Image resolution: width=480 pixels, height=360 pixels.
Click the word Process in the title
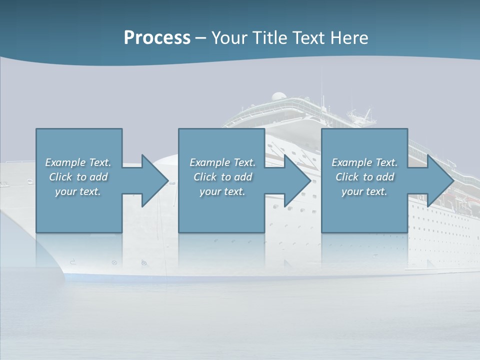(157, 38)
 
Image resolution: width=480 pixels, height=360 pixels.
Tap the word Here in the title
(349, 38)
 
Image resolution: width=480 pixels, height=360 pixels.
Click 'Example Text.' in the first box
(78, 162)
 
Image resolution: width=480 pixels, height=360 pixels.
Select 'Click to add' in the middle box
(222, 177)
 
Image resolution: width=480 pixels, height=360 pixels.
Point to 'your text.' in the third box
(364, 191)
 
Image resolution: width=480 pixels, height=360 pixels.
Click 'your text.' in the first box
(78, 191)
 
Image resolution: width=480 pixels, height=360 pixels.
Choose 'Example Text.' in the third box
(364, 162)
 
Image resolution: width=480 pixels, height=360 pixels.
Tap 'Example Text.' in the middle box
(222, 162)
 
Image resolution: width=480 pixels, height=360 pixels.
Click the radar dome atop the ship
(278, 96)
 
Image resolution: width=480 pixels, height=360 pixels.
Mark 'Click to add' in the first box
(78, 177)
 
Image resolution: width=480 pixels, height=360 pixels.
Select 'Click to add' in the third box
(364, 177)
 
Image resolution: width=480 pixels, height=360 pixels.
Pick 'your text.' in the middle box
(222, 191)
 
